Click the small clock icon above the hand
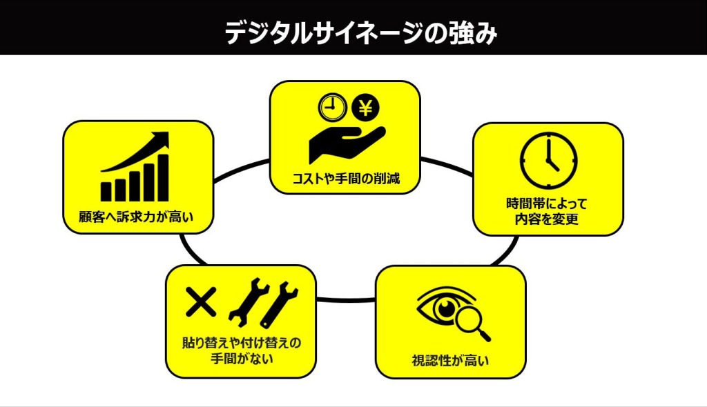pyautogui.click(x=331, y=108)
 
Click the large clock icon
pyautogui.click(x=549, y=161)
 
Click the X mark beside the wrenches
pyautogui.click(x=200, y=301)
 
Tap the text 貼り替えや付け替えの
pyautogui.click(x=242, y=342)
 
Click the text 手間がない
pyautogui.click(x=242, y=359)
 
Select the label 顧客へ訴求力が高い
pyautogui.click(x=137, y=219)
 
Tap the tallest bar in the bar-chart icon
pyautogui.click(x=163, y=177)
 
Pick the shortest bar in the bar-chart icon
pyautogui.click(x=107, y=191)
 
